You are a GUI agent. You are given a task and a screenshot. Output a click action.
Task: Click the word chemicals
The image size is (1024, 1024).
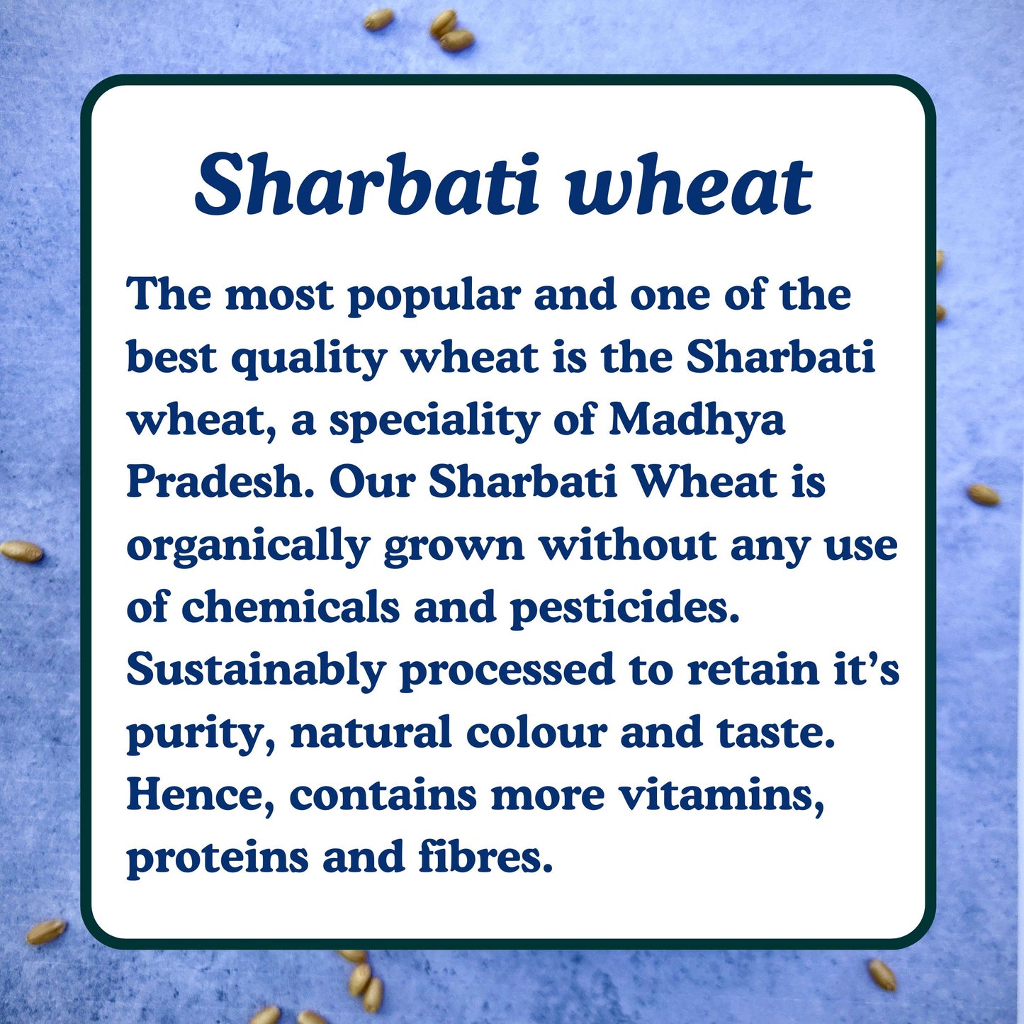tap(291, 607)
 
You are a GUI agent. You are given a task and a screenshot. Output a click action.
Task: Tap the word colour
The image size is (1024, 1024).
tap(536, 731)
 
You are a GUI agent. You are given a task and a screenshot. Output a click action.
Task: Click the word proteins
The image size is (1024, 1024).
tap(218, 857)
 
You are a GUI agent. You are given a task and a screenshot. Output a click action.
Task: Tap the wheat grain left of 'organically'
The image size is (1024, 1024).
tap(22, 551)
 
